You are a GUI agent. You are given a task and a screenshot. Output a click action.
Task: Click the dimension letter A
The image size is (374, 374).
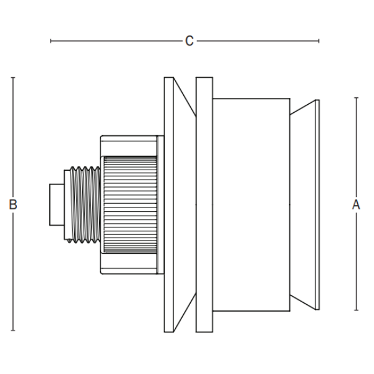[x=357, y=204]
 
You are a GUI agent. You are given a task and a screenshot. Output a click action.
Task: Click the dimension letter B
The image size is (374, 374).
[x=13, y=204]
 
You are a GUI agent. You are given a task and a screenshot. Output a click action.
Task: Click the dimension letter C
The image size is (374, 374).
[x=189, y=41]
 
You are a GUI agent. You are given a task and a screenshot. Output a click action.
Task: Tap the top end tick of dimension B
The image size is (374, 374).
[x=13, y=77]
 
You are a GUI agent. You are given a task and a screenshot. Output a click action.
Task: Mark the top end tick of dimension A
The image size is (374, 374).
[x=357, y=98]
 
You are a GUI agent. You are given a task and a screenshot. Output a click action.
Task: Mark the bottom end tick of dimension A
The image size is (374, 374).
[x=357, y=310]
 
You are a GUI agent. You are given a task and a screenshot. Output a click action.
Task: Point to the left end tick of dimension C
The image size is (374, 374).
[x=50, y=41]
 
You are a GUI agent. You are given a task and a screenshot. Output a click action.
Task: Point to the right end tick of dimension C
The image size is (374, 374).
[x=319, y=41]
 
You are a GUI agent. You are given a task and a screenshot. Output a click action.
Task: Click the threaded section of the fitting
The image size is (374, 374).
[x=86, y=204]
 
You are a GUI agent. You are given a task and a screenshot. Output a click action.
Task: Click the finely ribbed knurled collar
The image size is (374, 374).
[x=130, y=204]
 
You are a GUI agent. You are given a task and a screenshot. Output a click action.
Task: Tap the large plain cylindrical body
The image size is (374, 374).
[x=251, y=204]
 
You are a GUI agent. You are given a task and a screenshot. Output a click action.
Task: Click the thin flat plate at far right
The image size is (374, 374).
[x=317, y=204]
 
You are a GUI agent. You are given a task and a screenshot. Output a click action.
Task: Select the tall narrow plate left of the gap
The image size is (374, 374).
[x=168, y=204]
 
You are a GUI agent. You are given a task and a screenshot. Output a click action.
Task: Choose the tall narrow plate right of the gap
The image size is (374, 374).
[x=204, y=204]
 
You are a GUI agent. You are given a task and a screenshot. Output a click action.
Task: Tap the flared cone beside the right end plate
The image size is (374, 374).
[x=303, y=204]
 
